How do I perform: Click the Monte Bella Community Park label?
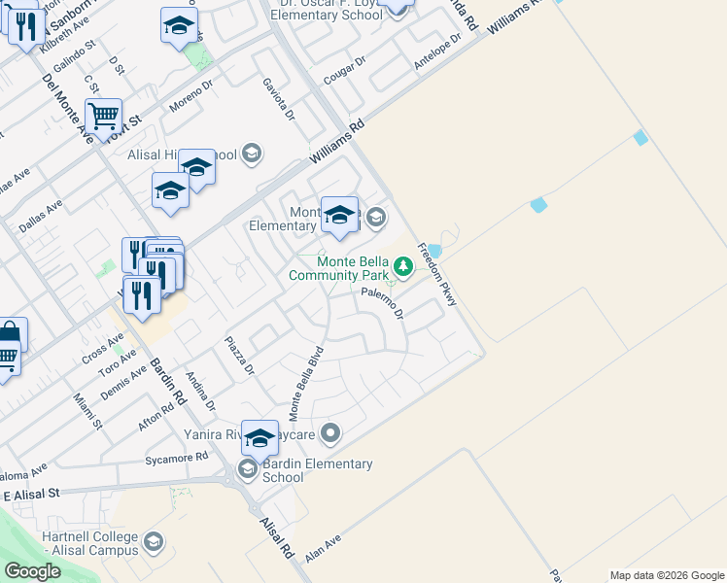[x=338, y=269]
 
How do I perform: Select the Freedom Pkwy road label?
[x=436, y=275]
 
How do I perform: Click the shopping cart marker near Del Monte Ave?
[x=103, y=116]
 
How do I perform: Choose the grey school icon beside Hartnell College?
[x=153, y=541]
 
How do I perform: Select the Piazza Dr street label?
[x=239, y=357]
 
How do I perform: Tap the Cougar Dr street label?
[x=345, y=69]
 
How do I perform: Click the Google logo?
[x=32, y=571]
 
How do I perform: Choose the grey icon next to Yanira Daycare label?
[x=331, y=433]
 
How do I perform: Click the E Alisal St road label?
[x=31, y=495]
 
